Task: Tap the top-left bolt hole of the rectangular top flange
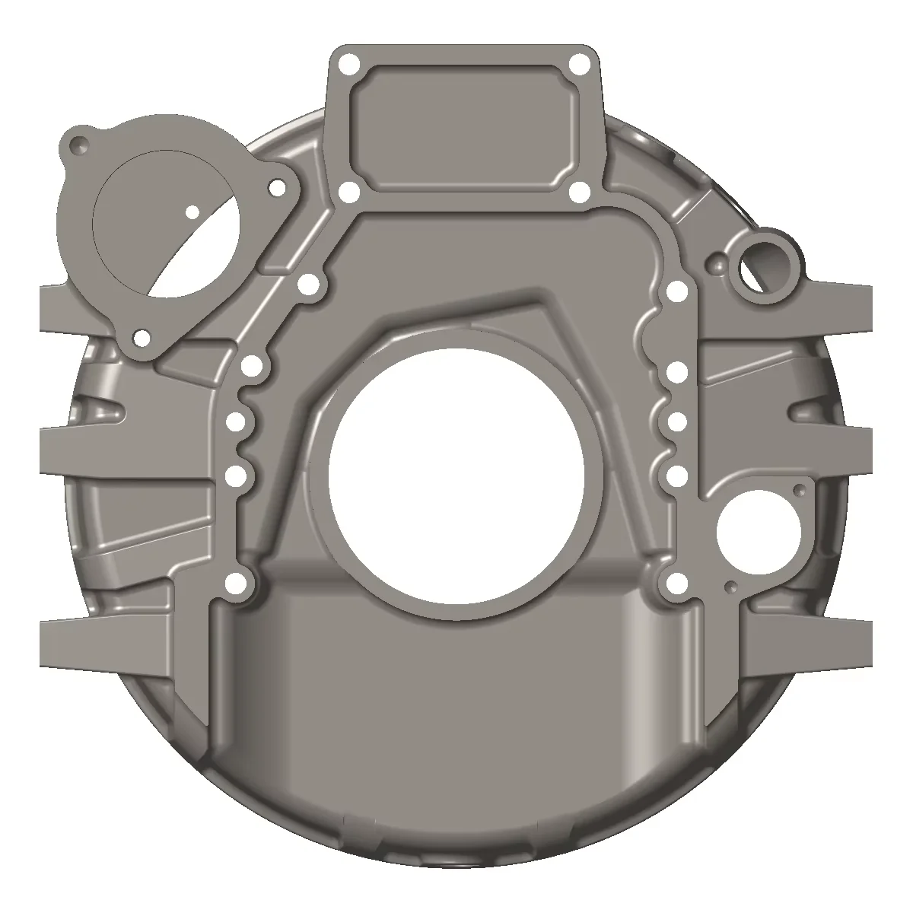coord(348,63)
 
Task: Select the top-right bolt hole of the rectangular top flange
coord(580,63)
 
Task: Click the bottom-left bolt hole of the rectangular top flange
coord(348,193)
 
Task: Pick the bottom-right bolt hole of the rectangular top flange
coord(580,193)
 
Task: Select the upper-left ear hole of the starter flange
coord(77,143)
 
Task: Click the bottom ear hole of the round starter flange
coord(142,338)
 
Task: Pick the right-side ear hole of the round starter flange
coord(277,187)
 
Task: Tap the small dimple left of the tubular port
coord(716,265)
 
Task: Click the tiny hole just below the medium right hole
coord(730,586)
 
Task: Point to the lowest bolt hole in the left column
coord(238,584)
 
